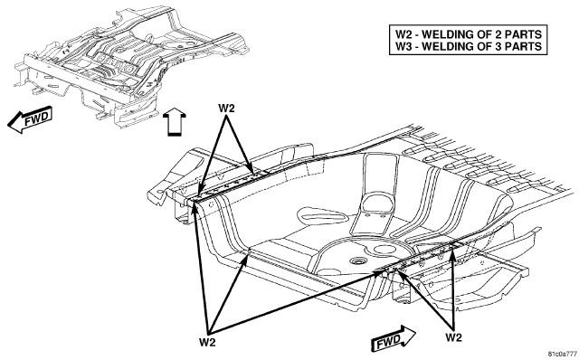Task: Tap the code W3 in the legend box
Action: [x=403, y=46]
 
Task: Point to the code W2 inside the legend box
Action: [x=403, y=34]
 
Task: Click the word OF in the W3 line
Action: [x=486, y=46]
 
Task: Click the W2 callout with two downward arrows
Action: [x=226, y=109]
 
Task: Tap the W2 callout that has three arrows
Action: [x=207, y=342]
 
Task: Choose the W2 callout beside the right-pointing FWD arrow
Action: [x=453, y=337]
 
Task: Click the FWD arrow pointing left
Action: [x=30, y=119]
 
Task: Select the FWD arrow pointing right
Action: [x=394, y=338]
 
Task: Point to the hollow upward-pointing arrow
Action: [x=175, y=122]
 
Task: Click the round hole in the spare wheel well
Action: [x=357, y=261]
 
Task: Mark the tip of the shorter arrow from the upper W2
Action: [x=252, y=173]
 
